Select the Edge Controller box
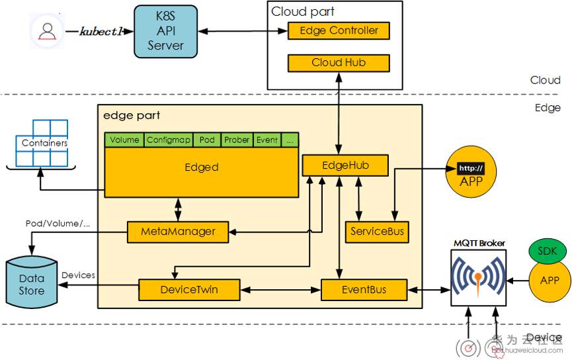click(339, 30)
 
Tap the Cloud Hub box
click(339, 63)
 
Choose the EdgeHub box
click(345, 165)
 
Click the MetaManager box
click(178, 232)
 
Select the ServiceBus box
click(376, 232)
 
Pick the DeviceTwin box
click(188, 289)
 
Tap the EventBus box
click(363, 289)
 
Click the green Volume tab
click(124, 140)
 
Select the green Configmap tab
click(169, 140)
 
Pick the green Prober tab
click(236, 140)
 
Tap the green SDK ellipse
click(546, 251)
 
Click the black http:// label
click(471, 168)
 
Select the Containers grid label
click(44, 143)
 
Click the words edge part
click(132, 116)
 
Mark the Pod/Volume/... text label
click(57, 223)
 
